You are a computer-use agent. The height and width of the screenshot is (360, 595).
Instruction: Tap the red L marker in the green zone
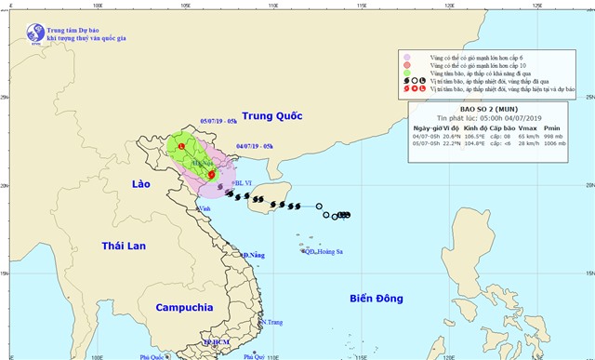(x=181, y=146)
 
